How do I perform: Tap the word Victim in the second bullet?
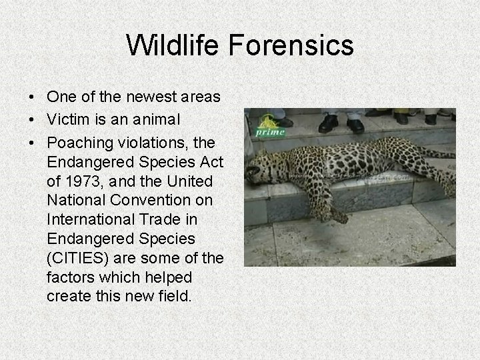click(x=66, y=120)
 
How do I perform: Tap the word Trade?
click(x=167, y=219)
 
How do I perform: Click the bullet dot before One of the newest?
click(x=32, y=98)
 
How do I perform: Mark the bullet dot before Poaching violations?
click(x=32, y=143)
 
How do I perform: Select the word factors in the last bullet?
click(x=71, y=277)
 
